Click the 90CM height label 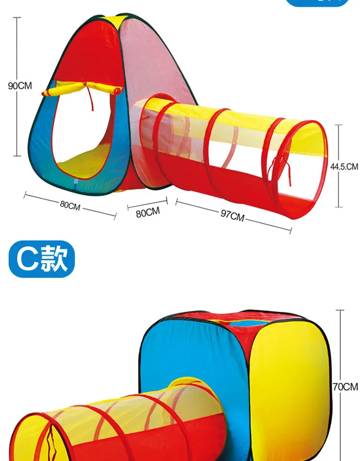[20, 85]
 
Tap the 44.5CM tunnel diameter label [344, 167]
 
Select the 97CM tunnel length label [232, 216]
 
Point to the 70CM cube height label [346, 387]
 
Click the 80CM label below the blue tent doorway [70, 205]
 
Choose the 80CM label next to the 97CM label [148, 212]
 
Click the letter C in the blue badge [27, 259]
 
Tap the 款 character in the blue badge [54, 259]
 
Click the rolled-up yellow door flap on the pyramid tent [82, 88]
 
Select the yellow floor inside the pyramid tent [85, 162]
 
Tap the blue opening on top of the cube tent [248, 323]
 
